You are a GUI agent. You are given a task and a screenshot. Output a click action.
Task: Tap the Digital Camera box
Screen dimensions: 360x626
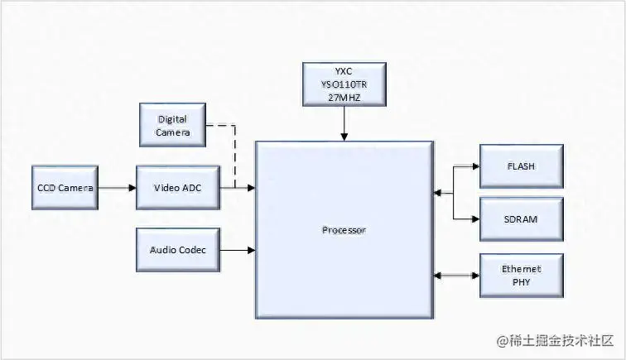pos(173,126)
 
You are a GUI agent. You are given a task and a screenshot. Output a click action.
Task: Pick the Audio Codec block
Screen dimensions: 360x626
pos(177,249)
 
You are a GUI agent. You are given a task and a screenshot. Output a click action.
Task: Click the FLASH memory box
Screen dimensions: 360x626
pos(521,166)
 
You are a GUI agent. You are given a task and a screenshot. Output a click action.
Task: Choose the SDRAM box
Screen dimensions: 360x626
pos(521,218)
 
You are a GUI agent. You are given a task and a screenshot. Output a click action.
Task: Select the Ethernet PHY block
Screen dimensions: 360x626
pos(521,275)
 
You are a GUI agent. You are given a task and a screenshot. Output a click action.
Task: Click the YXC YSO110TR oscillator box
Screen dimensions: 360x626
pos(344,84)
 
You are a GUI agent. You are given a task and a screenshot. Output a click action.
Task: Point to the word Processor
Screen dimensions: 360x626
pos(344,229)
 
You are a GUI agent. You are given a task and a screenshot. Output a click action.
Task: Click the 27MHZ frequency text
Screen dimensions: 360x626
pos(344,97)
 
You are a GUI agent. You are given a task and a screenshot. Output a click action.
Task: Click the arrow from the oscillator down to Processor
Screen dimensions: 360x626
pos(344,123)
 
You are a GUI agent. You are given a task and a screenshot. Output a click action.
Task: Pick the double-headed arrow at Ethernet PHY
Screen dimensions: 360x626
pos(456,275)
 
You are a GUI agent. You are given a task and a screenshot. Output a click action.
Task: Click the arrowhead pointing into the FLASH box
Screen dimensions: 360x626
pos(474,166)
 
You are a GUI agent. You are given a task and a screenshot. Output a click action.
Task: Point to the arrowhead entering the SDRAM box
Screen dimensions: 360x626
pos(474,218)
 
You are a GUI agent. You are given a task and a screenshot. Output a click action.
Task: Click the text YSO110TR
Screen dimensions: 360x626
pos(344,84)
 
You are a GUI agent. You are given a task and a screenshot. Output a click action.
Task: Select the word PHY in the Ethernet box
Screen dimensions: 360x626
pos(521,281)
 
